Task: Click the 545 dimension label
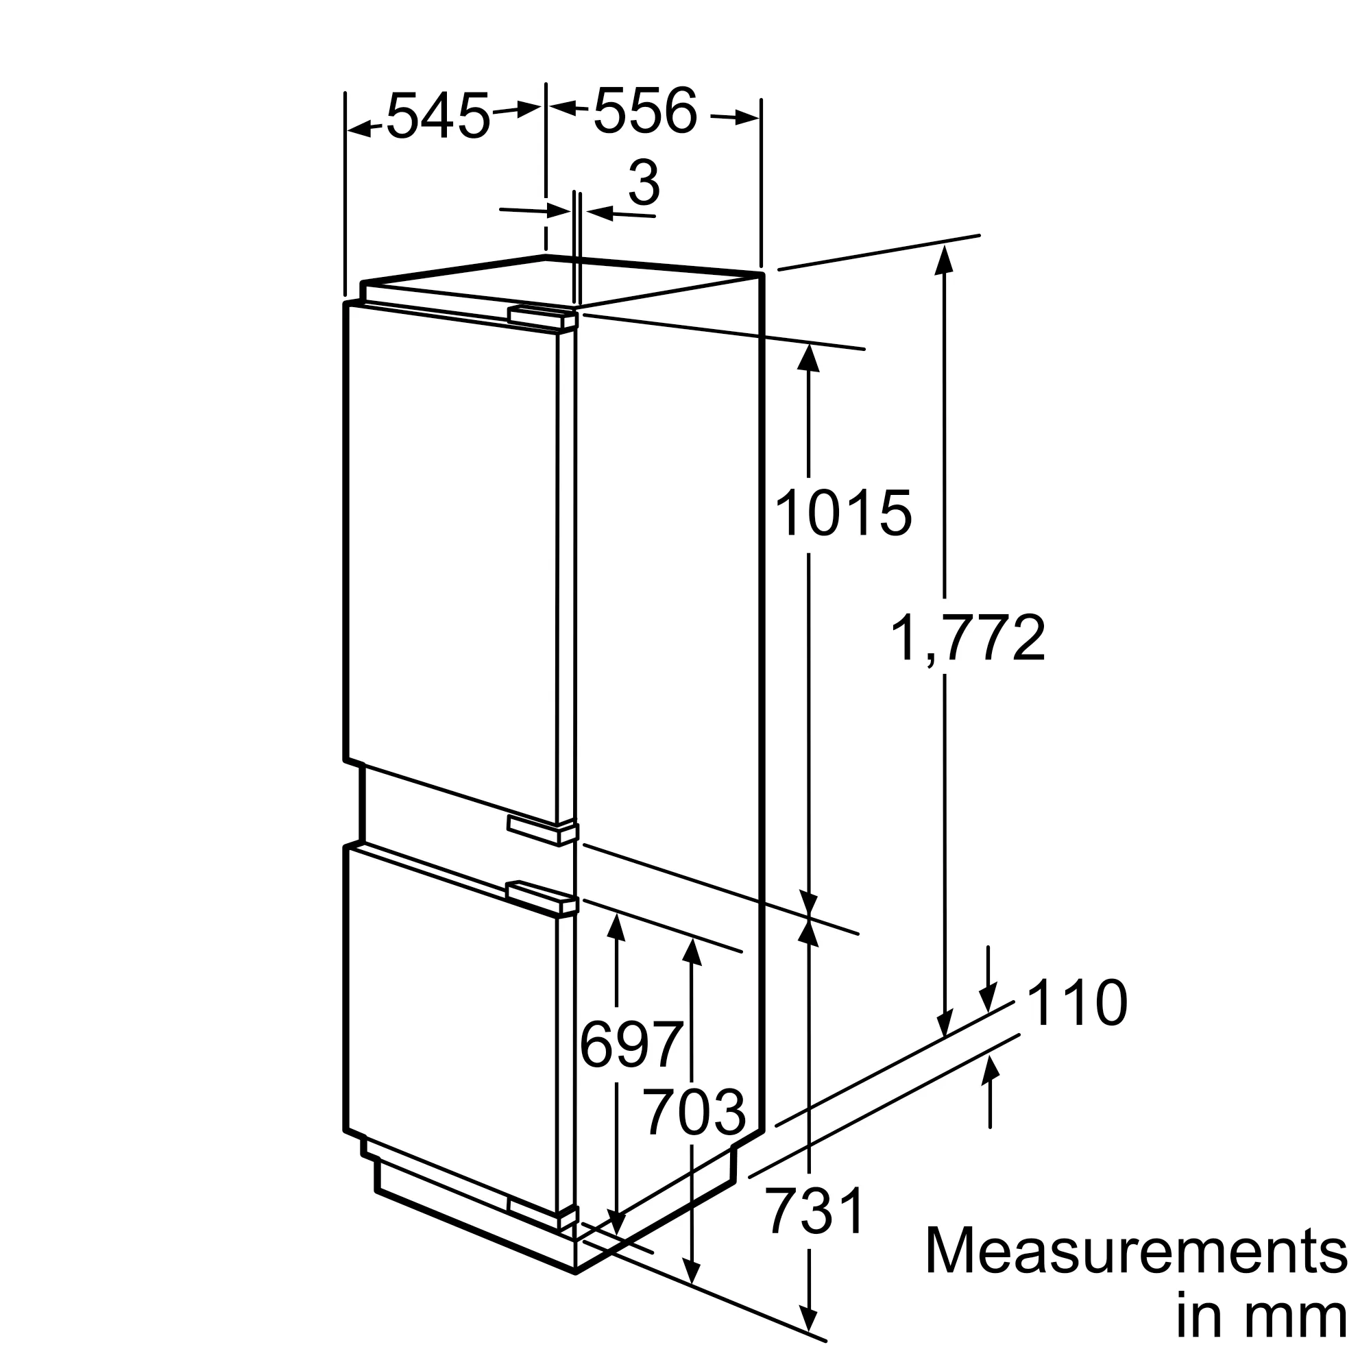coord(438,115)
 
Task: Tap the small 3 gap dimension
coord(644,182)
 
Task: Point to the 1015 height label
coord(843,513)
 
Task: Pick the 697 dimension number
coord(631,1044)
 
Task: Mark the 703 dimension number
coord(694,1113)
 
